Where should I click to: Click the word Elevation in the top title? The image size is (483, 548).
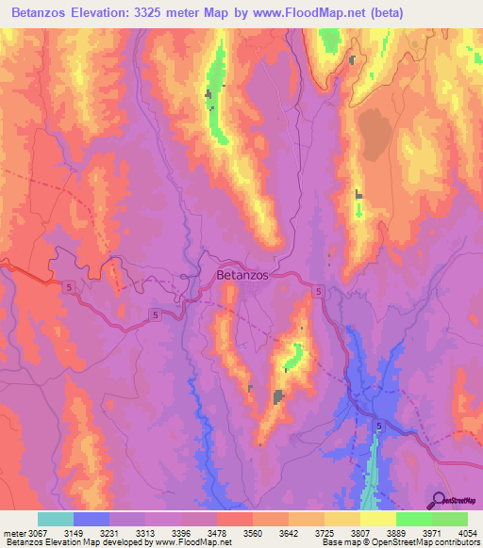pos(114,12)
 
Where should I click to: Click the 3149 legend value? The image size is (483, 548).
pos(94,533)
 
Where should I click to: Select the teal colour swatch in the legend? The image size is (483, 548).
pos(56,519)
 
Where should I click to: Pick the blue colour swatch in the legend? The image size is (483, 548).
pos(92,519)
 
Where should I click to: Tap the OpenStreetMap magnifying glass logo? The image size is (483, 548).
pos(439,500)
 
